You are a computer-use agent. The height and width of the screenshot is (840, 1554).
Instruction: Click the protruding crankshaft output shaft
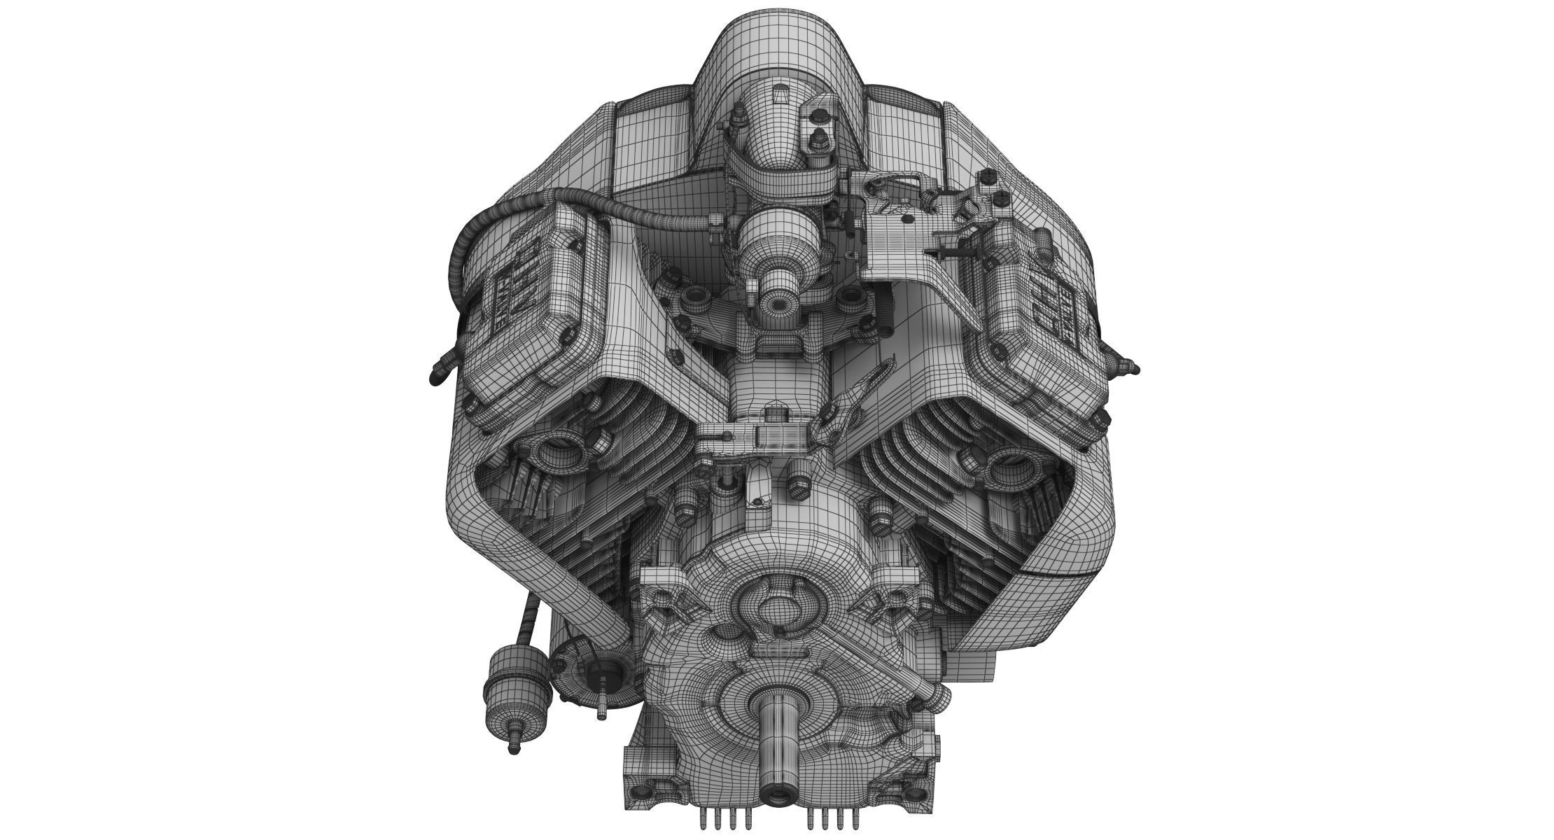click(x=777, y=742)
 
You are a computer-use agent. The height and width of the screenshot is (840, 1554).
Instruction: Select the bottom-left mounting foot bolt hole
click(x=637, y=794)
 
